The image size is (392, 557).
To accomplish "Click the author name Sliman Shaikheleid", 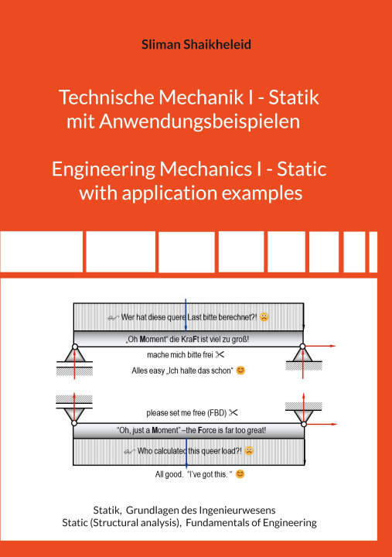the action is coord(196,44).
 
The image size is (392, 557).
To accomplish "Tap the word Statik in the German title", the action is coord(294,97).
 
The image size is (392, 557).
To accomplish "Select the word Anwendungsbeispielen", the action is coord(199,122).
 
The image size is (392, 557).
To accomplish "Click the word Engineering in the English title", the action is coord(104,169).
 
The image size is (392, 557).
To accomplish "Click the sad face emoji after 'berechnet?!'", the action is coord(264,317).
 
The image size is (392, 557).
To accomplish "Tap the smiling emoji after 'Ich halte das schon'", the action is coord(240,371).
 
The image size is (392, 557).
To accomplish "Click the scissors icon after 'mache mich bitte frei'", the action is coord(220,354).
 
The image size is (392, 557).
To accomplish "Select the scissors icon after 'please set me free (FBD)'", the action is coord(233,412).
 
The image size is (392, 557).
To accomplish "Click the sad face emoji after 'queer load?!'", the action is coord(249,451).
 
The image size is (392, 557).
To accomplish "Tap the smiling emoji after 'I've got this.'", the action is coord(240,474).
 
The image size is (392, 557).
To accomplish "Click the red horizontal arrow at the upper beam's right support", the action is coord(320,346).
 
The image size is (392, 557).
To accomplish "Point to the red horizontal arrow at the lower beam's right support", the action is coord(322,424).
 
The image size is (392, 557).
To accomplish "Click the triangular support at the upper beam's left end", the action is coord(74,354).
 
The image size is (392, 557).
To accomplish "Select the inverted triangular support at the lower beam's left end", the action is coord(74,415).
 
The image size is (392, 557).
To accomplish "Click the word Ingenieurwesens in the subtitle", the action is coord(237,511).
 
